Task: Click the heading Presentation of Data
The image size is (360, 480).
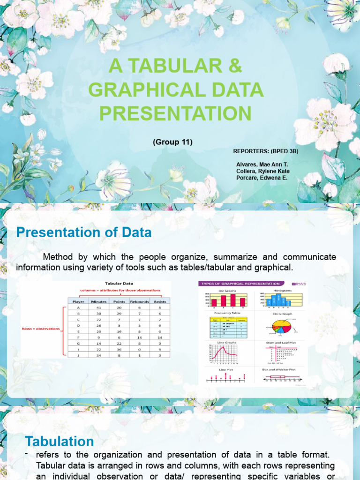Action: (x=84, y=232)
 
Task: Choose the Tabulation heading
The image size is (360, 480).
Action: (x=60, y=442)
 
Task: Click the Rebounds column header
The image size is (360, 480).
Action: (x=139, y=301)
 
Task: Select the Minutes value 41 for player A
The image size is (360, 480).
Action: (x=98, y=308)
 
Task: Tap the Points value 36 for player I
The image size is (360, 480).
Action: (x=119, y=349)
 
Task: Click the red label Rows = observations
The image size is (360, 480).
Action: (x=41, y=329)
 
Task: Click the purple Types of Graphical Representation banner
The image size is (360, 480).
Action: (x=240, y=284)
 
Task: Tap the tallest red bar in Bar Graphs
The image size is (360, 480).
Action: (x=232, y=300)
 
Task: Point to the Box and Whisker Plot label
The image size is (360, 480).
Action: (x=278, y=369)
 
